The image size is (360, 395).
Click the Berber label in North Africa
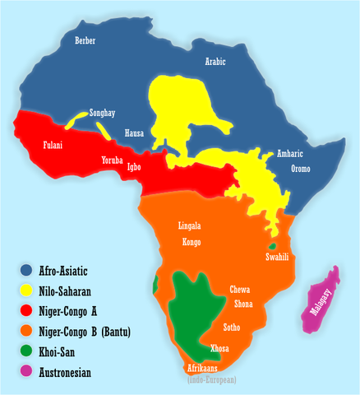85,40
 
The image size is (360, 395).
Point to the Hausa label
134,132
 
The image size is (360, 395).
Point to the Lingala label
190,225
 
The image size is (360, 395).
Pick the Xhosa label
220,348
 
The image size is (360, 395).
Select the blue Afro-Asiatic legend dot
27,270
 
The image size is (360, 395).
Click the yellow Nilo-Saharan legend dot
27,290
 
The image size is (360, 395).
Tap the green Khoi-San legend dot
27,352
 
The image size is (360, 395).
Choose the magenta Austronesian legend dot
27,373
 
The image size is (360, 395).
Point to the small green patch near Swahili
270,246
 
